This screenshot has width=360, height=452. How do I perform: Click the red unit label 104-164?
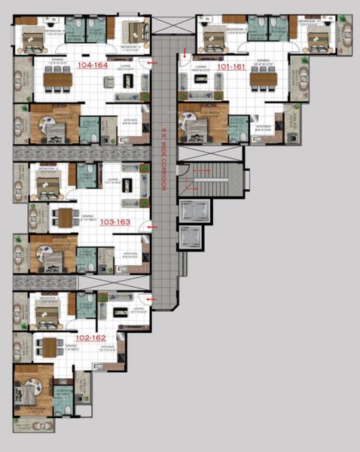(93, 66)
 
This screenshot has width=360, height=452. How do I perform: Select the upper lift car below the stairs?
(190, 210)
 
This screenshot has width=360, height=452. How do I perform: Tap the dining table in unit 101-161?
(265, 79)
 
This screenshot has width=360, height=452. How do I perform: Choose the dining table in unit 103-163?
(66, 218)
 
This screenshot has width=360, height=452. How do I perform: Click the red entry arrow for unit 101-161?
(184, 53)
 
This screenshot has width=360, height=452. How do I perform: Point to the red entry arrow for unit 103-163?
(152, 224)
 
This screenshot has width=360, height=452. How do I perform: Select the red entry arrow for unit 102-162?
(151, 301)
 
